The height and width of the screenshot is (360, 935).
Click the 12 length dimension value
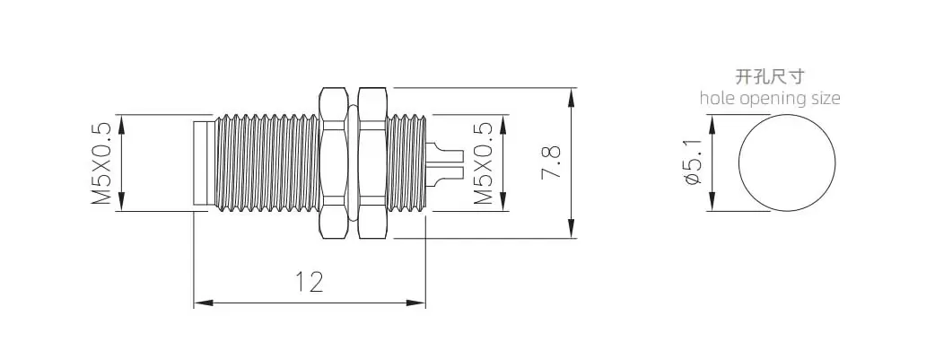[310, 282]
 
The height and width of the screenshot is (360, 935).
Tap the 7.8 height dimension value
[550, 162]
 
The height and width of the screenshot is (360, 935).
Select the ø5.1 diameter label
[692, 162]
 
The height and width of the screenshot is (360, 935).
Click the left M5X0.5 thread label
[101, 162]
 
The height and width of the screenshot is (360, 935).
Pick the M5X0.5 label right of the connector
[484, 162]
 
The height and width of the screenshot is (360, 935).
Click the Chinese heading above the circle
[770, 77]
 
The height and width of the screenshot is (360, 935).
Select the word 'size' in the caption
[824, 98]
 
